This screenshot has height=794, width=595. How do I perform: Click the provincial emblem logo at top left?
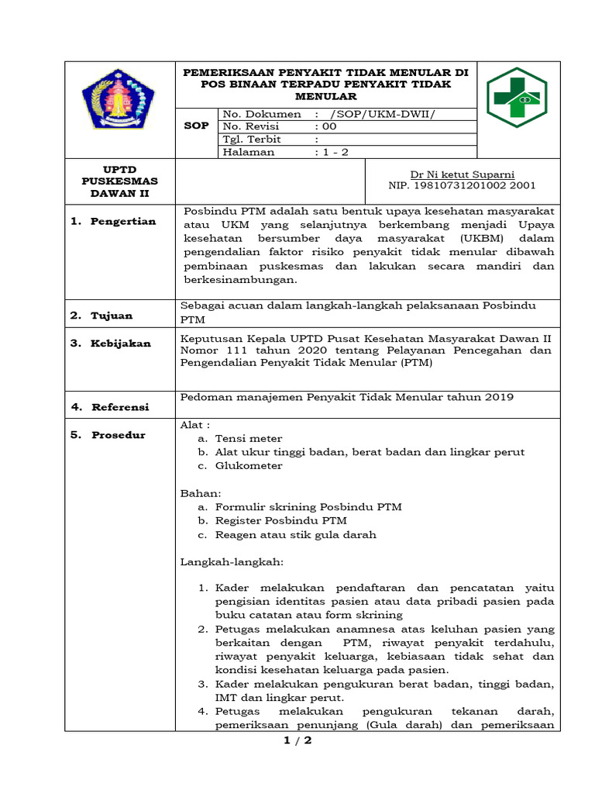[x=119, y=98]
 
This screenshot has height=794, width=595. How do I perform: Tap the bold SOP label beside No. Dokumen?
[x=195, y=126]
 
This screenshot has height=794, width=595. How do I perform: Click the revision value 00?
[x=329, y=126]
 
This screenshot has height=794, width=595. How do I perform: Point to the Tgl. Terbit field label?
[x=252, y=140]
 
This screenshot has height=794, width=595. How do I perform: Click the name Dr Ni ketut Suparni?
[x=463, y=174]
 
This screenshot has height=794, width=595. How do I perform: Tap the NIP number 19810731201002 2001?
[x=462, y=186]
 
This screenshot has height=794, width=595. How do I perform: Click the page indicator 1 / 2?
[x=297, y=741]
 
